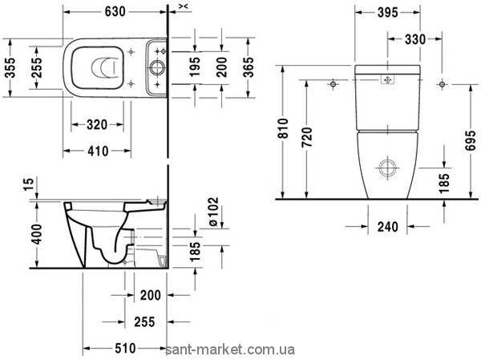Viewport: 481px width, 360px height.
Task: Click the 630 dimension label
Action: point(115,12)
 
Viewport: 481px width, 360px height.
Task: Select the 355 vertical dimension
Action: point(10,68)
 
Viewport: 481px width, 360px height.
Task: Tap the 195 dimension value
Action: point(195,67)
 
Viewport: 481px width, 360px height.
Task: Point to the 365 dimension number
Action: point(249,67)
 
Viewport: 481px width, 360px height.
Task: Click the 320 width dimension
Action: point(97,125)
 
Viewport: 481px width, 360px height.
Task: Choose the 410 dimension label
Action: point(98,151)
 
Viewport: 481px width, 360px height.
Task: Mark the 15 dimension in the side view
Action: point(29,184)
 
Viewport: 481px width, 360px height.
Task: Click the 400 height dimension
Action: point(37,234)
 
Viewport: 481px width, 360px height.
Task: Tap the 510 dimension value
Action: point(125,348)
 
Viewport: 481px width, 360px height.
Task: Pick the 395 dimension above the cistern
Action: point(387,13)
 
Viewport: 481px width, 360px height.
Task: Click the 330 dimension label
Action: point(415,39)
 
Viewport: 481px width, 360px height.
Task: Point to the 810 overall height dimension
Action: point(284,128)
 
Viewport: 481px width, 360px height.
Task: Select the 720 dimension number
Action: point(306,137)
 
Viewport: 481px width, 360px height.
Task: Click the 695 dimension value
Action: point(471,141)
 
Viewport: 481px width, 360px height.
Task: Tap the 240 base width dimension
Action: point(388,227)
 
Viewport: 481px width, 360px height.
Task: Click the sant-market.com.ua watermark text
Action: point(230,350)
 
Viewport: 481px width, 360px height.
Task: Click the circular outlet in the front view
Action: point(387,168)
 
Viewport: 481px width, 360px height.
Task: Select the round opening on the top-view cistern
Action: point(157,67)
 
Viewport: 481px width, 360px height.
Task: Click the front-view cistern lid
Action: point(387,70)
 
